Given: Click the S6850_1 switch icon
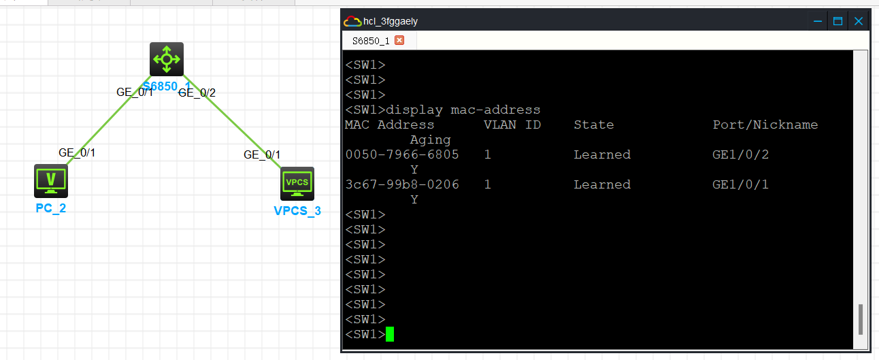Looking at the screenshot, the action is [167, 59].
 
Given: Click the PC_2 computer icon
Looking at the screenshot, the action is [51, 181].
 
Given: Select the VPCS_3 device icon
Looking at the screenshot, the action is [297, 184].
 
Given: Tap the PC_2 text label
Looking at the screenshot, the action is [50, 208].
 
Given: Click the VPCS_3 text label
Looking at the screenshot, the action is [297, 211].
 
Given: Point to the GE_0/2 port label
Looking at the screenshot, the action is [197, 93].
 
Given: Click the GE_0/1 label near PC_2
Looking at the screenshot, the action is [77, 152].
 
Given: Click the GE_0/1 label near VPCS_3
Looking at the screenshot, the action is [262, 154].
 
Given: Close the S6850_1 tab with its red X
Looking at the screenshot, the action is [399, 40].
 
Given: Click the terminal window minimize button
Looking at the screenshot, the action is [818, 21].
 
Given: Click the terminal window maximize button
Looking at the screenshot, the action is [837, 21].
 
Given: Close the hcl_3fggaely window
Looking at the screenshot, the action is [859, 21].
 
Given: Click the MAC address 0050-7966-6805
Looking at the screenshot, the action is [402, 154].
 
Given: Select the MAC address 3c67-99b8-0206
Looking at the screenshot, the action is [402, 184].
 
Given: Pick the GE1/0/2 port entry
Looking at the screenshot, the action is [740, 154].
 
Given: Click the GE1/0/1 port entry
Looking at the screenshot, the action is [740, 184].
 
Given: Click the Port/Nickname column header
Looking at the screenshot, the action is [765, 125].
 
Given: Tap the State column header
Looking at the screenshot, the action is [594, 125].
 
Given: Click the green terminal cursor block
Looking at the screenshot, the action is [390, 334].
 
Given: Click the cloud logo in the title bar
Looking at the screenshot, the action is [352, 21].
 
